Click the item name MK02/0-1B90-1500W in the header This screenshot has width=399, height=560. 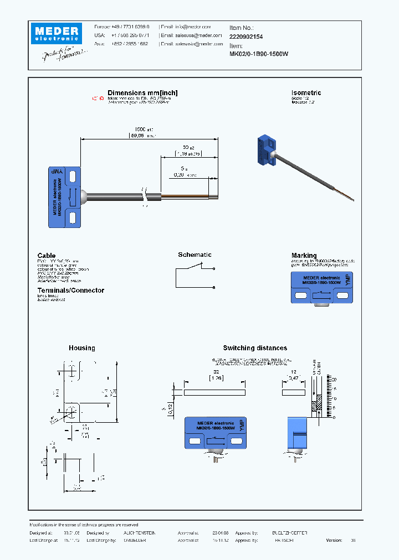[259, 54]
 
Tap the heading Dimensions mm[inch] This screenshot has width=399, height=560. [142, 93]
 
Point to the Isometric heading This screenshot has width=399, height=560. [306, 93]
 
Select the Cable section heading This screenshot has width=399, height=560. [47, 256]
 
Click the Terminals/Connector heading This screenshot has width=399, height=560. [70, 291]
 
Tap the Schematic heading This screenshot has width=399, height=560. [195, 255]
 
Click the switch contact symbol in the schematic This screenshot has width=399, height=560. [194, 267]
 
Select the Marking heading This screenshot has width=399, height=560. [304, 256]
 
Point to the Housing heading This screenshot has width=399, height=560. [81, 348]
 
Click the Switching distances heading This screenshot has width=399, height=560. [255, 348]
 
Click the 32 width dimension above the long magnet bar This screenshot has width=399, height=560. [214, 373]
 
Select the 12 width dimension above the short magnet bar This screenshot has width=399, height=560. [294, 373]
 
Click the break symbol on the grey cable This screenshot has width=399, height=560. [145, 196]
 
